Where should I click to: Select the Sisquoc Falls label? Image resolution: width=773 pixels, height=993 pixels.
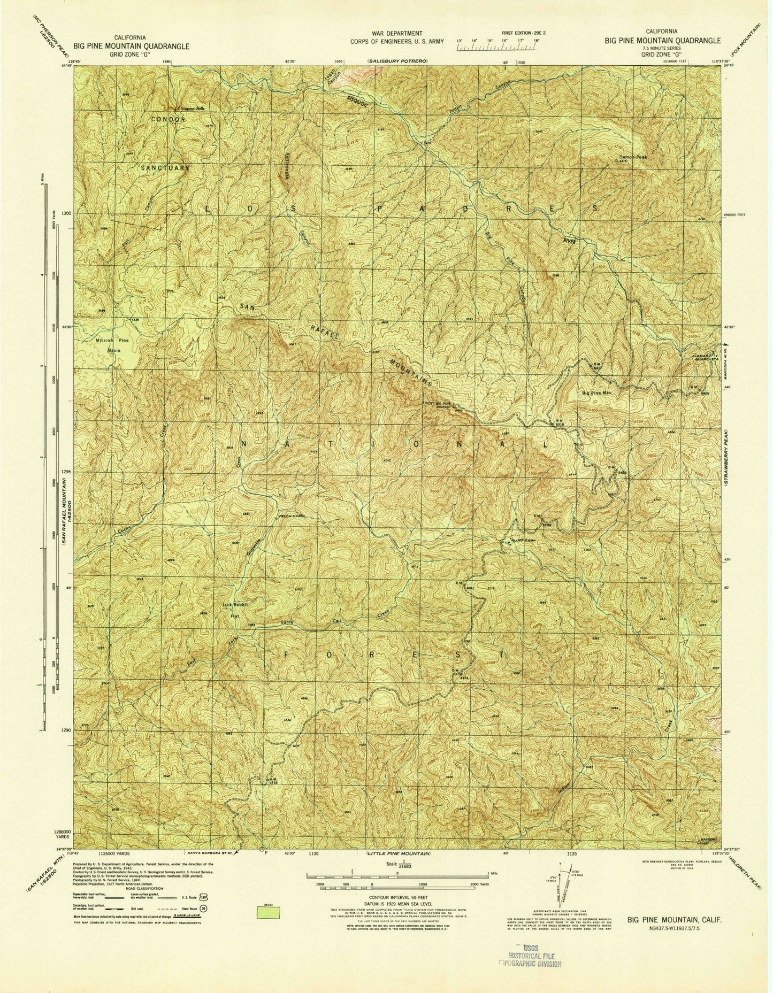[193, 109]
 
